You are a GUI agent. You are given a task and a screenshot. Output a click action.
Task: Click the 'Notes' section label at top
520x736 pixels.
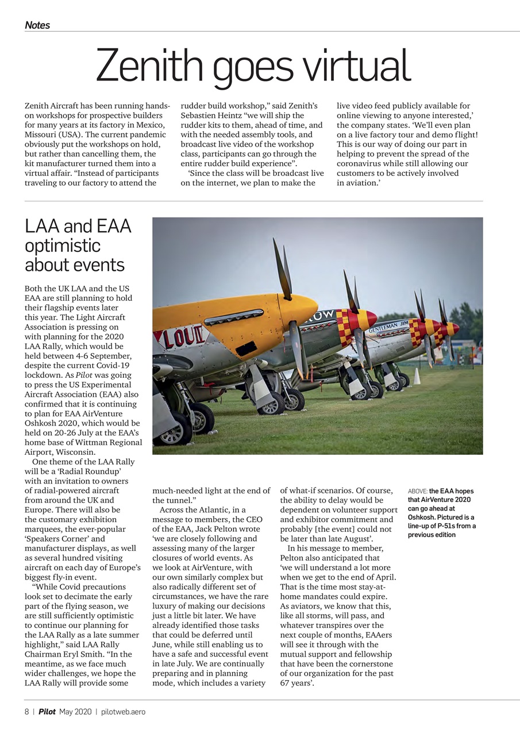[x=37, y=25]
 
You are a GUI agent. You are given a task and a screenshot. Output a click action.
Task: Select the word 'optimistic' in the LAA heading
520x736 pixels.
[x=63, y=246]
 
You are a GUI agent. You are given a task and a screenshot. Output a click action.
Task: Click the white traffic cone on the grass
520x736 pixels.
[x=417, y=376]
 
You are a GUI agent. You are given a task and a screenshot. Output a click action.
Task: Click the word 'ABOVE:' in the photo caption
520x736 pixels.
[x=418, y=491]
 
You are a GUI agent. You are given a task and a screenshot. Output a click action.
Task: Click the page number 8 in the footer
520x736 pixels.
[x=26, y=712]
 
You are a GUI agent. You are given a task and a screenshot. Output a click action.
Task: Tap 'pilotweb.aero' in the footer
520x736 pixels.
[x=123, y=712]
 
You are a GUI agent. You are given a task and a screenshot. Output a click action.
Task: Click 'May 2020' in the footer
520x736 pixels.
[x=75, y=712]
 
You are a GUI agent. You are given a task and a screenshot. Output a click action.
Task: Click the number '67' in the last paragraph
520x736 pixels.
[x=286, y=683]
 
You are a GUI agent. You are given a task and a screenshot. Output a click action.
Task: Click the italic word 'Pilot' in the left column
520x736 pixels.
[x=84, y=375]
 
